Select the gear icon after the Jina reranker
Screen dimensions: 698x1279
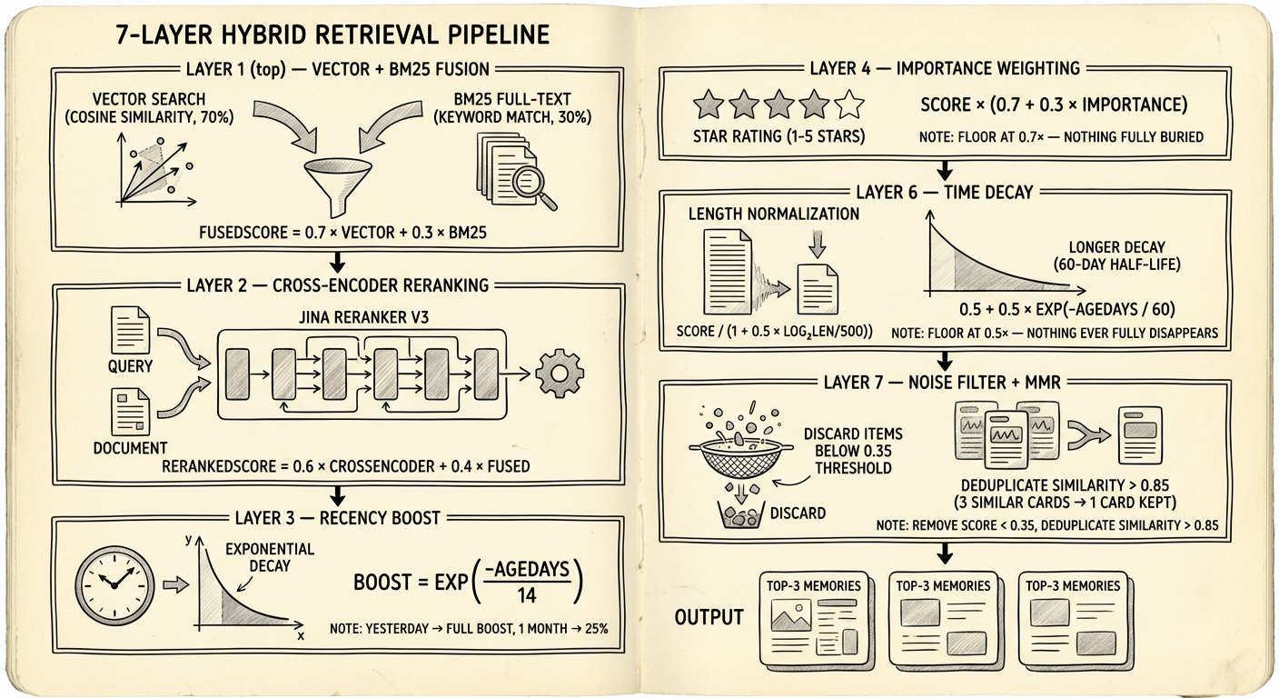[x=560, y=372]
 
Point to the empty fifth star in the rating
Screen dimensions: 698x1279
[x=848, y=105]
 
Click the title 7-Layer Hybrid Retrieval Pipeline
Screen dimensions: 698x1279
[x=333, y=35]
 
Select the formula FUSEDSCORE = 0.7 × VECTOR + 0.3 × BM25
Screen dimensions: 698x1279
[x=343, y=232]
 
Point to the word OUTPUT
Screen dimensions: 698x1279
[x=709, y=617]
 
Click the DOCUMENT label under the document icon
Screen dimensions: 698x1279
[x=130, y=447]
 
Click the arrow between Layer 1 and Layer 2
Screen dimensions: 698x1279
[x=337, y=263]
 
